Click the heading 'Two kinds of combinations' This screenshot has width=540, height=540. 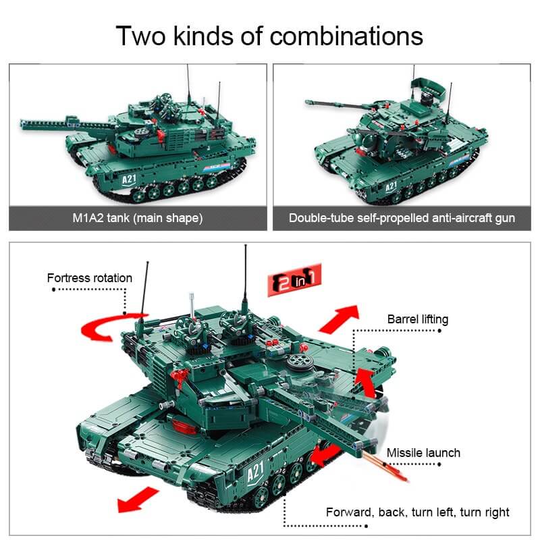point(269,35)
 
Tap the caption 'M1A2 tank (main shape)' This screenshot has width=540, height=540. point(138,218)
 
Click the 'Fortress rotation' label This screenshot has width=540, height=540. point(90,278)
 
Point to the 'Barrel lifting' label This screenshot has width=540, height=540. point(418,319)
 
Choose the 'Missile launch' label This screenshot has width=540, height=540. point(423,452)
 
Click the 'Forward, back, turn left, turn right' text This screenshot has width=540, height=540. point(418,512)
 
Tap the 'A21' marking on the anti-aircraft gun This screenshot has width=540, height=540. point(391,187)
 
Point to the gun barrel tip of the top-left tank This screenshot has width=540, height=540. point(24,122)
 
